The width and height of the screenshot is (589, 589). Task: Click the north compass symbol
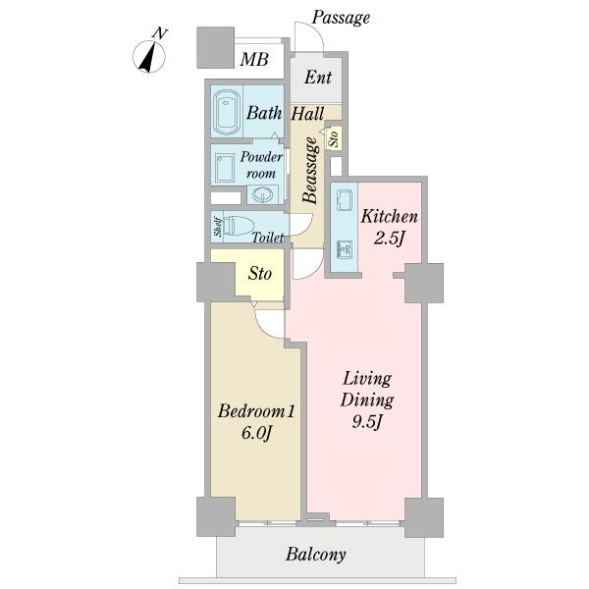(x=149, y=56)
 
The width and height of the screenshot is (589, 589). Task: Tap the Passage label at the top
(x=341, y=18)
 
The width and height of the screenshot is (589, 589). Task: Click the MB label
(x=254, y=59)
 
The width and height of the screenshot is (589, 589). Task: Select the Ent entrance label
(x=318, y=78)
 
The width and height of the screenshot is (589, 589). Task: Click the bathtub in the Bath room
(x=227, y=111)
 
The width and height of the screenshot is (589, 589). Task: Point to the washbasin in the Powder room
(x=262, y=194)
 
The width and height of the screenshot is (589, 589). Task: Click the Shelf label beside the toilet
(x=218, y=227)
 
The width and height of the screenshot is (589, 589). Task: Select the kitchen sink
(x=345, y=200)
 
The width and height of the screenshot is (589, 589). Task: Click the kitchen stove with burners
(x=345, y=249)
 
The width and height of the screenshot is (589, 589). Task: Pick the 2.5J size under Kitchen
(x=389, y=238)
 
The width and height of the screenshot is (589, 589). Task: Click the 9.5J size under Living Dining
(x=367, y=422)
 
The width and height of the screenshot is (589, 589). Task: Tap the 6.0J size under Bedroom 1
(x=256, y=433)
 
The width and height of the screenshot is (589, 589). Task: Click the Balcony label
(x=315, y=555)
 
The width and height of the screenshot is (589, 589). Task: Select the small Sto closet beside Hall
(x=334, y=139)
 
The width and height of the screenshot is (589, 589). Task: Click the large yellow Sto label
(x=259, y=274)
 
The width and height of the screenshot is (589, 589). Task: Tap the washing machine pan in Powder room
(x=225, y=168)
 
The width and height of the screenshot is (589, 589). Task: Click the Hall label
(x=307, y=114)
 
